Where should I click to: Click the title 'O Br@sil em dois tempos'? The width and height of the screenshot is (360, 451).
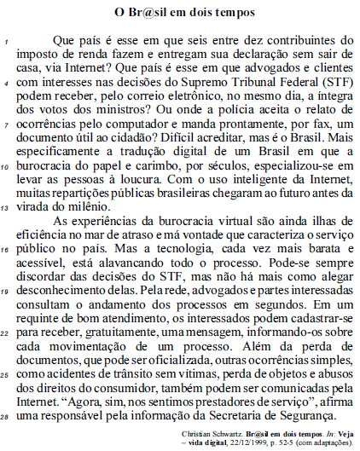click(181, 13)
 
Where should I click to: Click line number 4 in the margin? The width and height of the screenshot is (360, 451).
click(7, 85)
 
